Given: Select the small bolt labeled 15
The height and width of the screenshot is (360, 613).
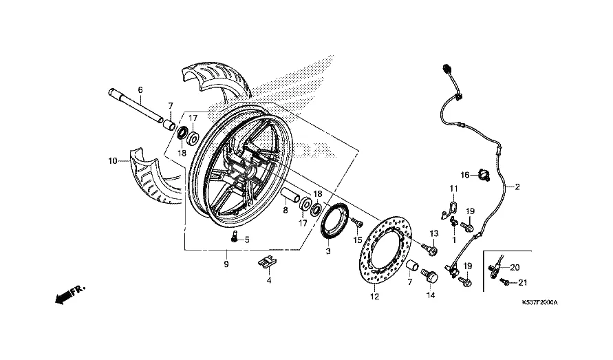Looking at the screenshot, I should [357, 223].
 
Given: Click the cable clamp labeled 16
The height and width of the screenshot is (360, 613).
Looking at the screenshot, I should [479, 176].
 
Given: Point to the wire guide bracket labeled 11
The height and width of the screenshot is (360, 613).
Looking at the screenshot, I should [452, 207].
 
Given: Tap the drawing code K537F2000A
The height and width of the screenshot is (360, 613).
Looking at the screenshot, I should [539, 302].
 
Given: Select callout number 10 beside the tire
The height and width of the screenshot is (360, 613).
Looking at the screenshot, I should [112, 161].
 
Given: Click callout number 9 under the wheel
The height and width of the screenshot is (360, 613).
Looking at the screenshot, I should [226, 264].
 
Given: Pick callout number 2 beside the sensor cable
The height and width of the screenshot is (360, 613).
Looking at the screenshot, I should [517, 187].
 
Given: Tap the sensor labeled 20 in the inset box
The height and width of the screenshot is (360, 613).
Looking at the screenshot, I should [496, 265].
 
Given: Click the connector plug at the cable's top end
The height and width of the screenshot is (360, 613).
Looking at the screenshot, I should [447, 68].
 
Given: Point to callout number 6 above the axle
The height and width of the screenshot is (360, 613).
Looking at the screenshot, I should [140, 89].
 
